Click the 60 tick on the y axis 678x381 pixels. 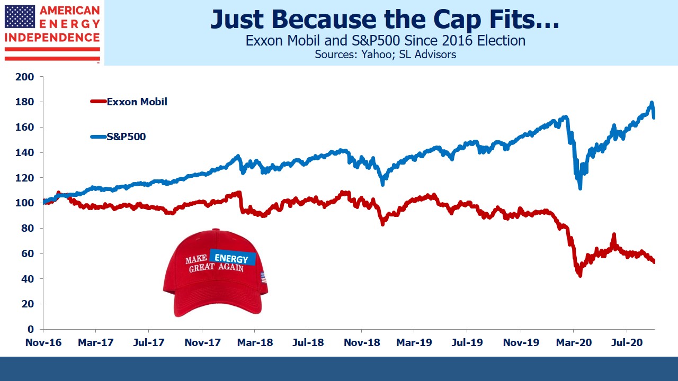28,253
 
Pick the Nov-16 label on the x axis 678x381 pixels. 43,342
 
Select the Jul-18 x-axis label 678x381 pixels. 308,342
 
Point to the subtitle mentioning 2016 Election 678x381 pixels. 385,41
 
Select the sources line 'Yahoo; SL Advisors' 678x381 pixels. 385,54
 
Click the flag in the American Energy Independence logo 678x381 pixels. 20,16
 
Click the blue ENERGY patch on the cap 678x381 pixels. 233,258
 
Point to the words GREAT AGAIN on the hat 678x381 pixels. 217,268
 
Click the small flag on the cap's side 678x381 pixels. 263,276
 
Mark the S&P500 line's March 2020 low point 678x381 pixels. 580,188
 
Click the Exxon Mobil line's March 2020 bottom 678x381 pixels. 580,275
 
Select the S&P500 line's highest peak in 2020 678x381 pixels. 652,103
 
